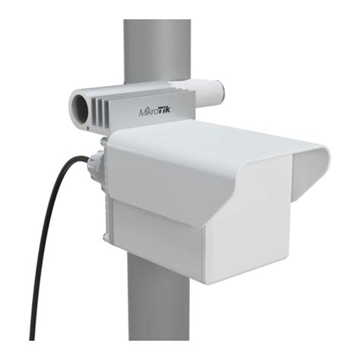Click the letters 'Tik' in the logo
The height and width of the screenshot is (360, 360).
pos(169,114)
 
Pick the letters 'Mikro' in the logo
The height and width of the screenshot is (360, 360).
pos(148,115)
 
